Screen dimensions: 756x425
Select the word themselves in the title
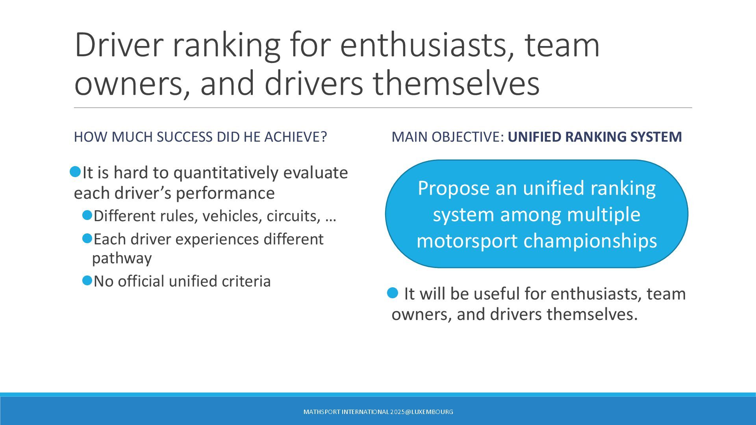tap(456, 83)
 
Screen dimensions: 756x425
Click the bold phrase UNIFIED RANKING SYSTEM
tap(595, 137)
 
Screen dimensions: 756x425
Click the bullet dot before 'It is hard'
tap(75, 172)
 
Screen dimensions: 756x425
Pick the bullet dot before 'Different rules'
tap(87, 215)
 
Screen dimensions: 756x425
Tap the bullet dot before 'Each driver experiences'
tap(87, 238)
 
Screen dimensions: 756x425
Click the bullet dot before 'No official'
tap(87, 281)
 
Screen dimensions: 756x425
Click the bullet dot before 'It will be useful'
tap(393, 293)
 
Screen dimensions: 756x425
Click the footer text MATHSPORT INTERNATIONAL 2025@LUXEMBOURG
tap(378, 412)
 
